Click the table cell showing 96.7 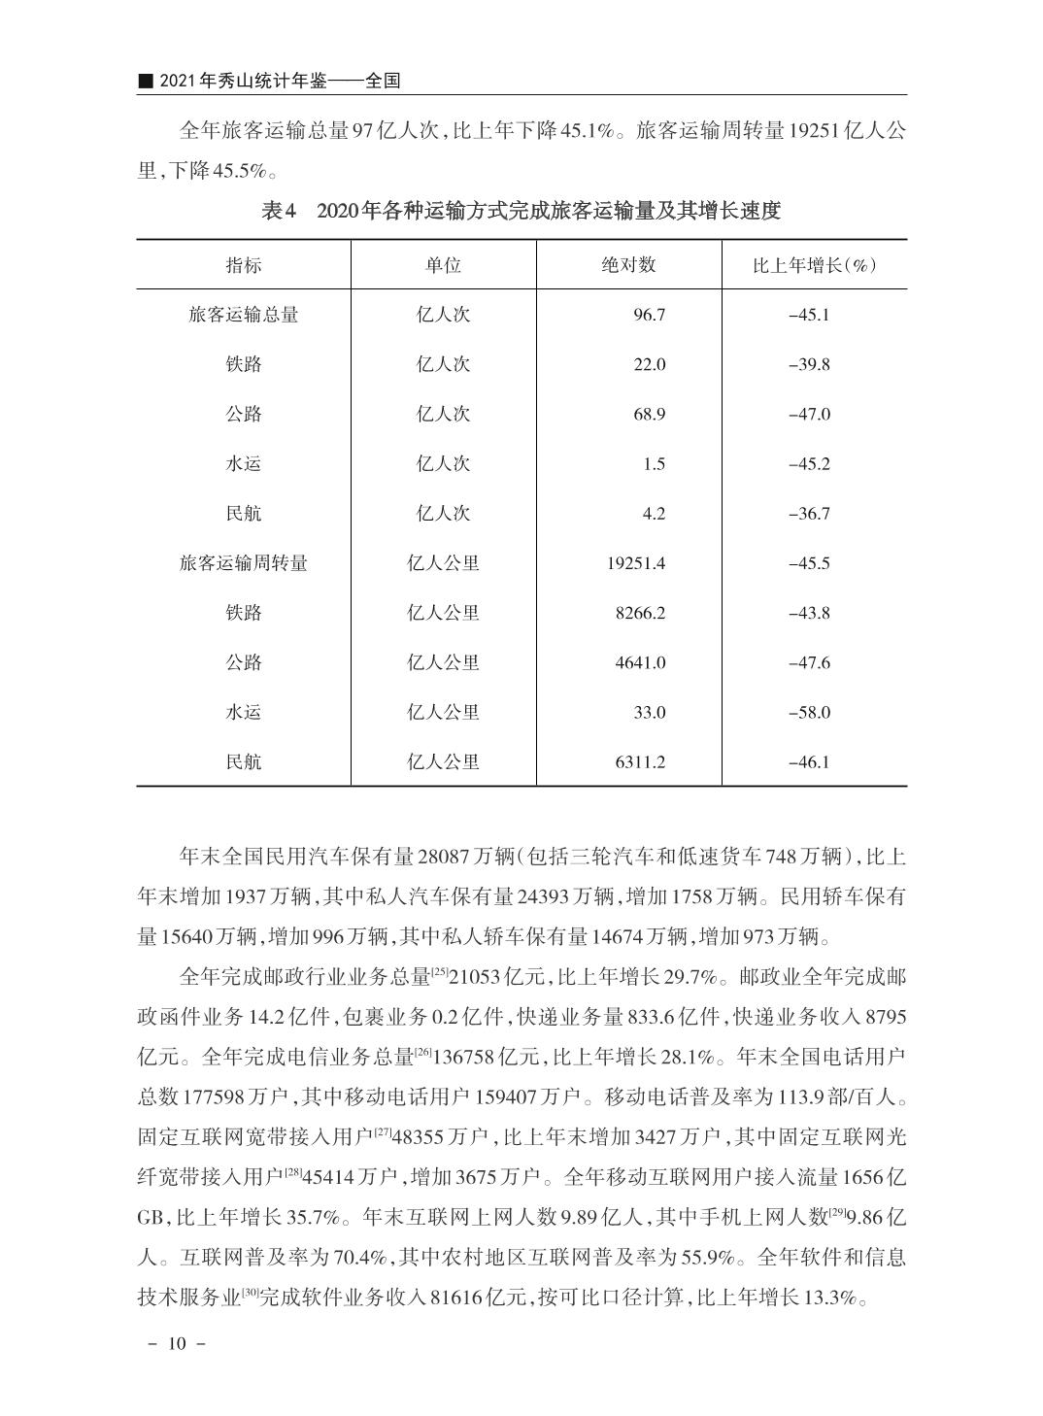pos(649,315)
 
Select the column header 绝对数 pos(628,265)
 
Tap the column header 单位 pos(443,265)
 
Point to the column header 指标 pos(243,265)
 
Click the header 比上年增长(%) pos(814,265)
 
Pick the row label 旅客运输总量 pos(243,315)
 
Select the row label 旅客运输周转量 pos(243,563)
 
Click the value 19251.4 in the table pos(636,563)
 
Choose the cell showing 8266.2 pos(640,613)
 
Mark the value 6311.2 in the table pos(640,761)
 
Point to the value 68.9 pos(649,414)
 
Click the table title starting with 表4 pos(521,211)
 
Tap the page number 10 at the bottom pos(176,1344)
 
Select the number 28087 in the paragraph pos(444,858)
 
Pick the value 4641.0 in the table pos(640,662)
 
